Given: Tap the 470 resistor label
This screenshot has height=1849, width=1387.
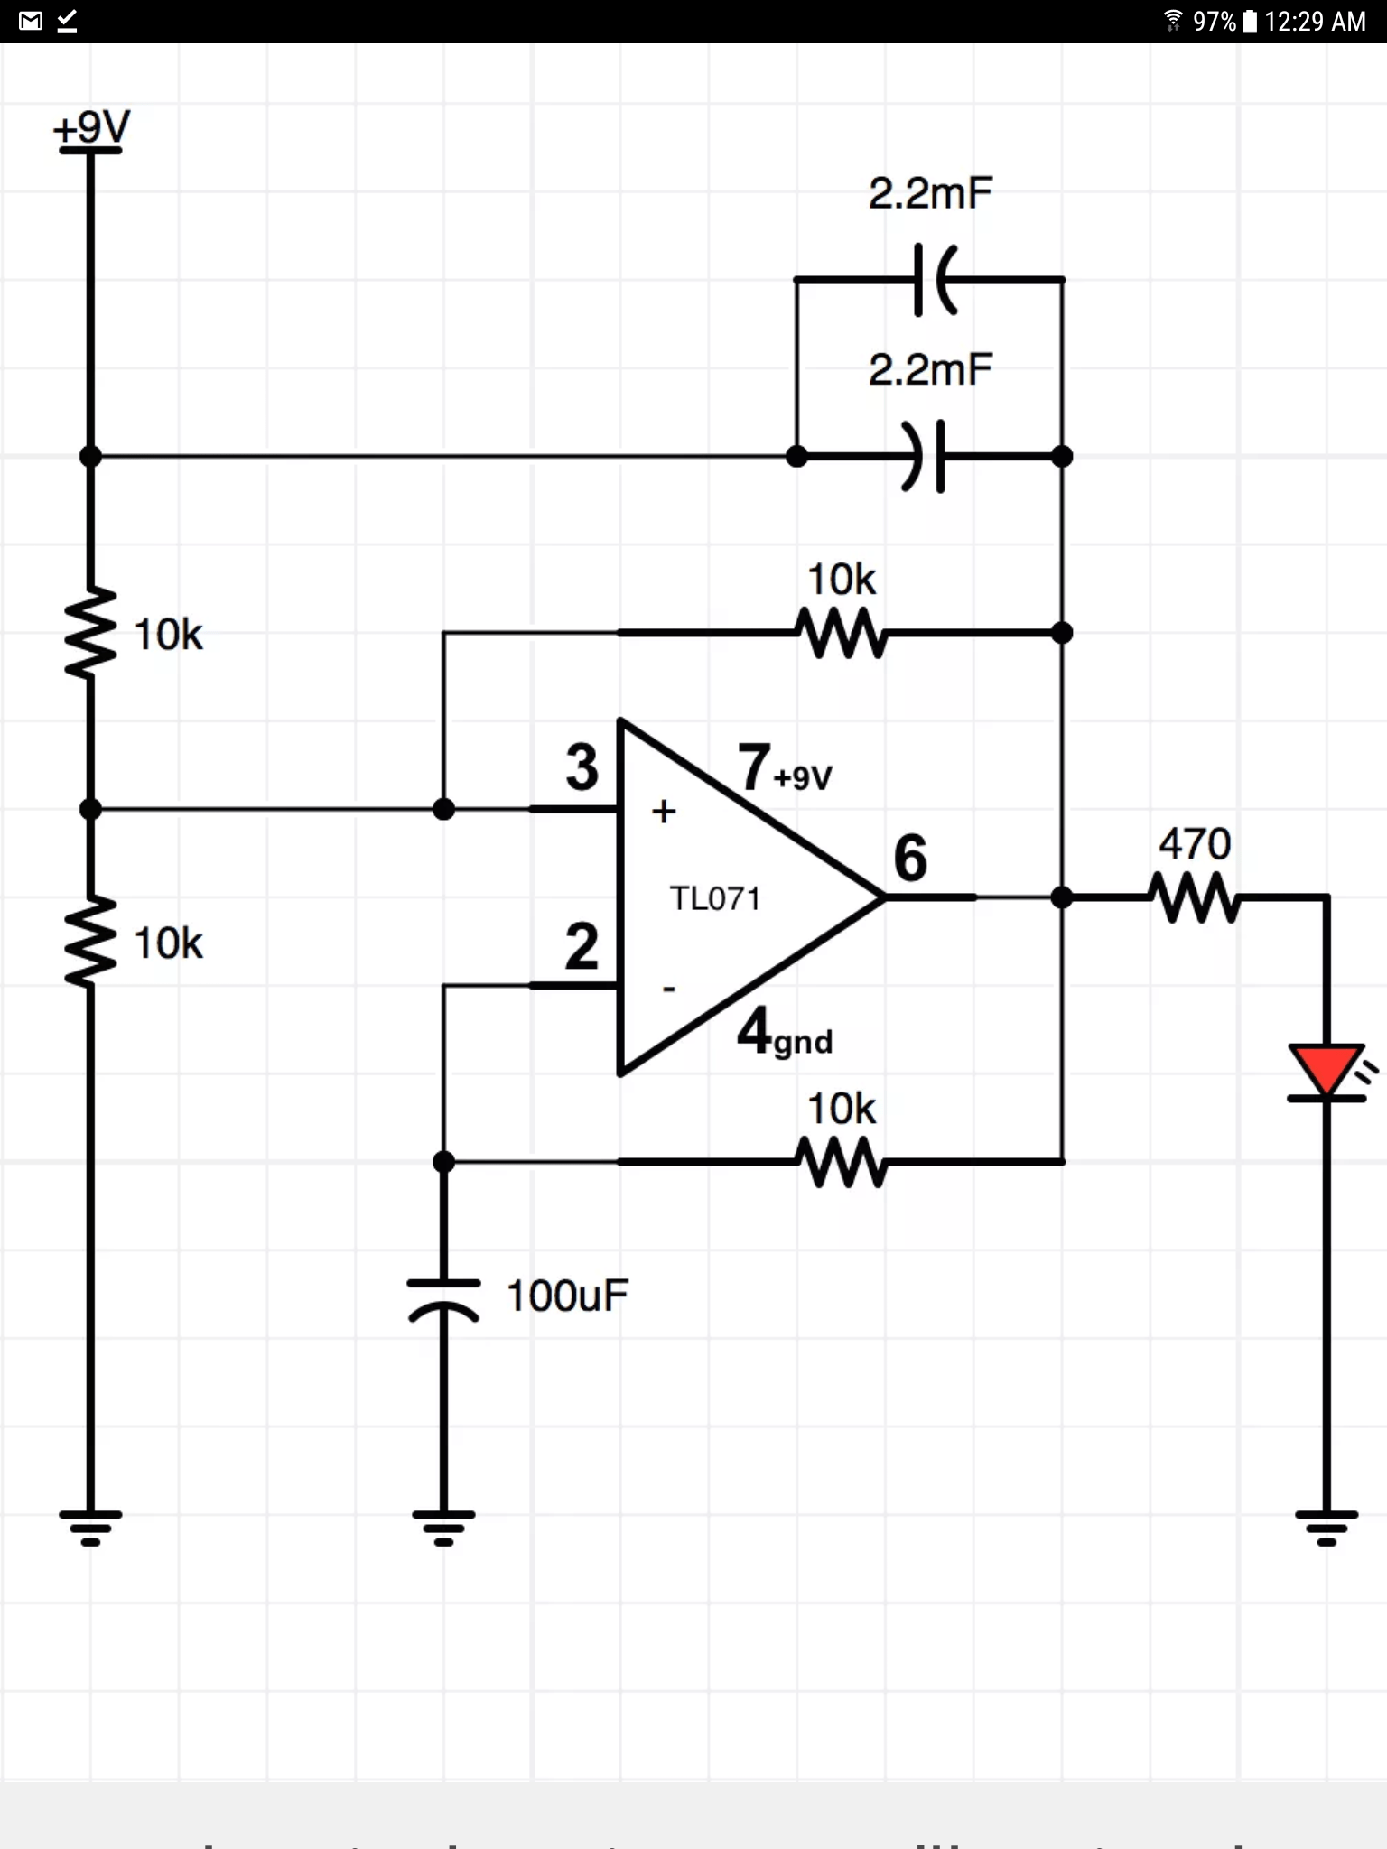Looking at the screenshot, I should coord(1195,844).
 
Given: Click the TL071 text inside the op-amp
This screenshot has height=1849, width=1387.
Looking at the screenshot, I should coord(714,898).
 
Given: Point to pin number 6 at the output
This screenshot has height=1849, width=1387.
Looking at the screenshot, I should coord(910,858).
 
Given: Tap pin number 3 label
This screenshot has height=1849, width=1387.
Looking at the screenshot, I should coord(582,767).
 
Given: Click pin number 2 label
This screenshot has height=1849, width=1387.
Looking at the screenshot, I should coord(582,946).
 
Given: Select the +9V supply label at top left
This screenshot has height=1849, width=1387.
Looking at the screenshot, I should coord(91,126).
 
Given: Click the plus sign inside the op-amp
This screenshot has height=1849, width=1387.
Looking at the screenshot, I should coord(664,811).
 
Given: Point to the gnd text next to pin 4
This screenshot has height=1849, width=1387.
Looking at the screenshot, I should coord(803,1042).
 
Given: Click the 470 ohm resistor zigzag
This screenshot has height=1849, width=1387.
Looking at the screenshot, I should coord(1195,897).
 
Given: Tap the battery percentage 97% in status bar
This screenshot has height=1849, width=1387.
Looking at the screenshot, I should coord(1214,22).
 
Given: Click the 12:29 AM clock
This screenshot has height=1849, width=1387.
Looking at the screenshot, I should coord(1315,22).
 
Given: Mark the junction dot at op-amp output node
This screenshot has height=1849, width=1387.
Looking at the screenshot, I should coord(1062,897).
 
